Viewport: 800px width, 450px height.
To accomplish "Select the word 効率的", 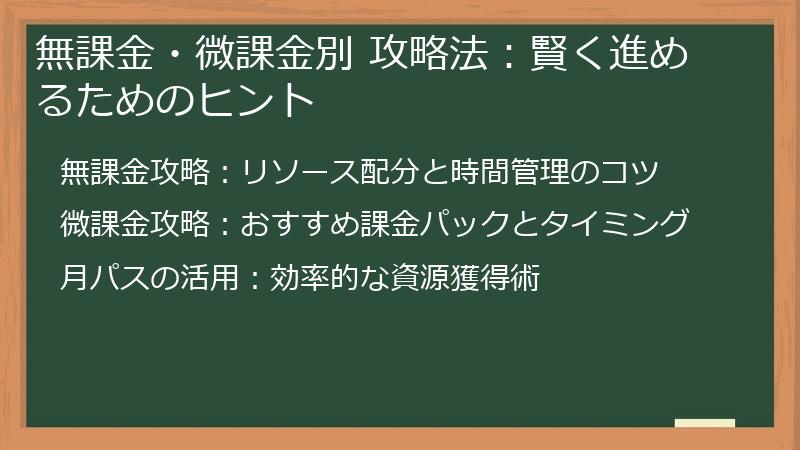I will [x=314, y=276].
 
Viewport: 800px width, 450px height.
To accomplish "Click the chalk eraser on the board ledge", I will [x=705, y=424].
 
